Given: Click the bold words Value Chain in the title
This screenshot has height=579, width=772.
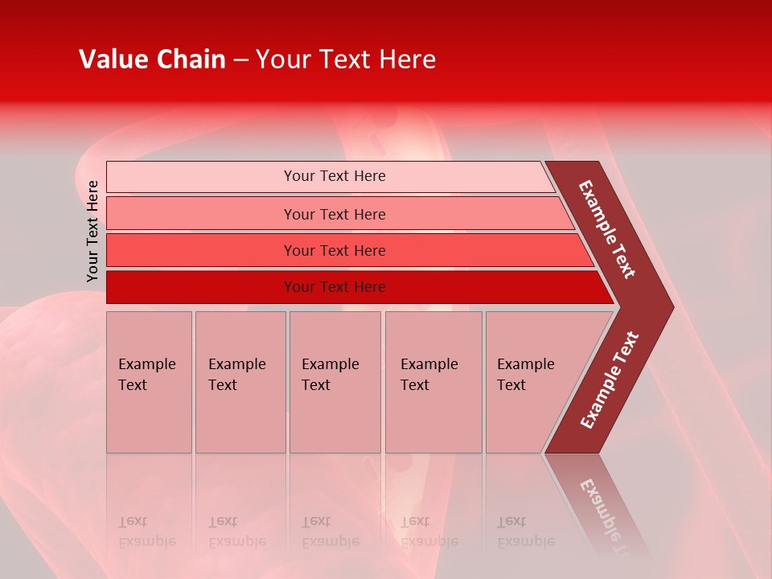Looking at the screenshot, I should (x=152, y=60).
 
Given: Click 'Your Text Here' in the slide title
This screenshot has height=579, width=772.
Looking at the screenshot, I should (x=346, y=60).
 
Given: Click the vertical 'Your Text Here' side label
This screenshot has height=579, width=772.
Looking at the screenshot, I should (x=92, y=231).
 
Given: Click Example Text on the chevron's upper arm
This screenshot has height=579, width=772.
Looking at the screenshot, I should (x=607, y=229).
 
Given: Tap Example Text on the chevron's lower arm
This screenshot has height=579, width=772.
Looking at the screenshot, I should (x=610, y=380).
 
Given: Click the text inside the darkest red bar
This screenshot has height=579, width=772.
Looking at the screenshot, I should (x=335, y=287).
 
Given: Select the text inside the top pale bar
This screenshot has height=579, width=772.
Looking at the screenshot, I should (x=335, y=176).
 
